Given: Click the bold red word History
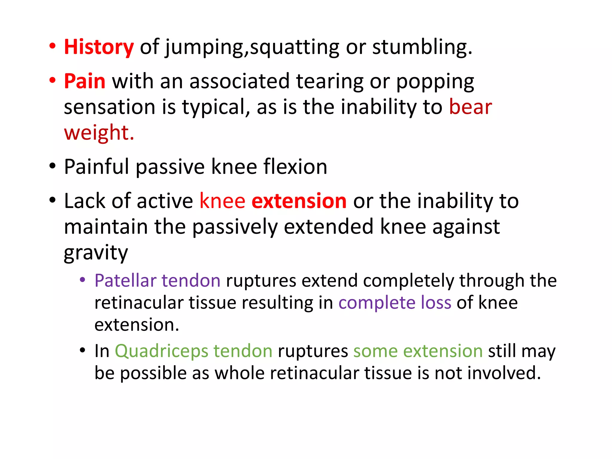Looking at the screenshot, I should [x=99, y=47].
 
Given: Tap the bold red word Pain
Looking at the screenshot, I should [x=85, y=81].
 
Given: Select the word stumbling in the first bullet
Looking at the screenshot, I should [x=422, y=47].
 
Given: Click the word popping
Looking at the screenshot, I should [x=435, y=82].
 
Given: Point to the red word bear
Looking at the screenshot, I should [x=470, y=107].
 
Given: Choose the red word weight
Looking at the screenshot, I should [x=99, y=133].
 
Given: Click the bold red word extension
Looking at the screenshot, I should [x=299, y=201].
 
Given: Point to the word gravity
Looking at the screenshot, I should [x=96, y=253].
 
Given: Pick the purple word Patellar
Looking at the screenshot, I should [x=126, y=281].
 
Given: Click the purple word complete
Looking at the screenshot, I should [x=377, y=303].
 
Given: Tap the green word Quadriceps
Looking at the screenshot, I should [x=161, y=351].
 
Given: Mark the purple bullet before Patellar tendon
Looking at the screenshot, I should [x=82, y=280].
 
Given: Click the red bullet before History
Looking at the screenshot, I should [x=53, y=47].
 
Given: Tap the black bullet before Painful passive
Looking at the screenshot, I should [x=53, y=166].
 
